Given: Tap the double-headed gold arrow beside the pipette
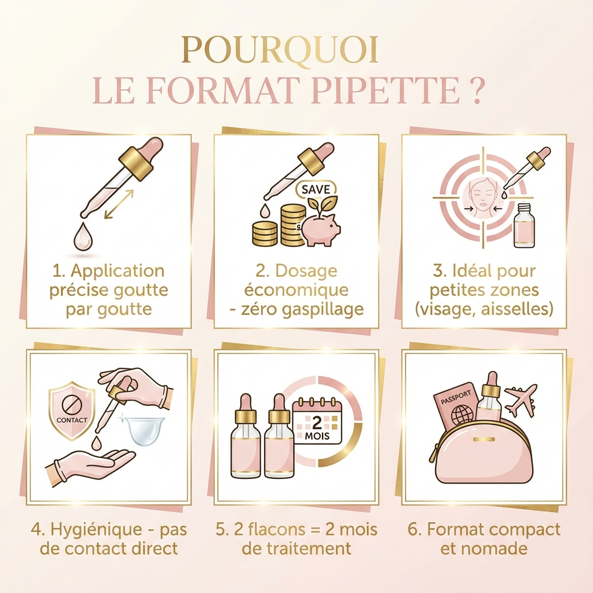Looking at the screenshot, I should (x=119, y=204).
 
